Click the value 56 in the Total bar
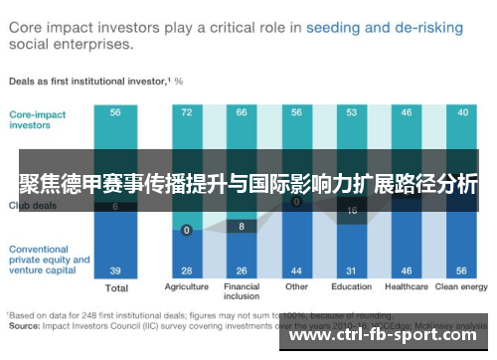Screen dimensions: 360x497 [x=116, y=113]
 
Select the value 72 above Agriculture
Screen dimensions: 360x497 [x=186, y=113]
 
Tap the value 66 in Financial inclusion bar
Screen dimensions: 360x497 [x=241, y=113]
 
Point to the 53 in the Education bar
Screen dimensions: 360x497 [x=351, y=113]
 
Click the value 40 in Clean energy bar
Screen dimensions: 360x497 [x=462, y=113]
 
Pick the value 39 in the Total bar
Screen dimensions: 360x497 [x=116, y=270]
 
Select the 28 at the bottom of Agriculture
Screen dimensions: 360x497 [x=186, y=270]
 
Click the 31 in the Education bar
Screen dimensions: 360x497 [x=351, y=270]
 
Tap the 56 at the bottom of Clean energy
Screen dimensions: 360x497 [x=462, y=270]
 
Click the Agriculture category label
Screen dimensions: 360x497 [x=186, y=288]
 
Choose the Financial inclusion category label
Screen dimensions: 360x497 [x=241, y=293]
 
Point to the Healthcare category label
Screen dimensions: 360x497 [x=407, y=288]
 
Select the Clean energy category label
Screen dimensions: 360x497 [x=462, y=288]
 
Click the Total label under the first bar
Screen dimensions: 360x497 [x=116, y=289]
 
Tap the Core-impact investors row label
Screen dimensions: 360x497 [x=39, y=119]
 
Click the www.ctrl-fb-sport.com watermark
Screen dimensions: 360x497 [x=388, y=334]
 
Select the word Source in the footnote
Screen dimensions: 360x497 [x=27, y=324]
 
